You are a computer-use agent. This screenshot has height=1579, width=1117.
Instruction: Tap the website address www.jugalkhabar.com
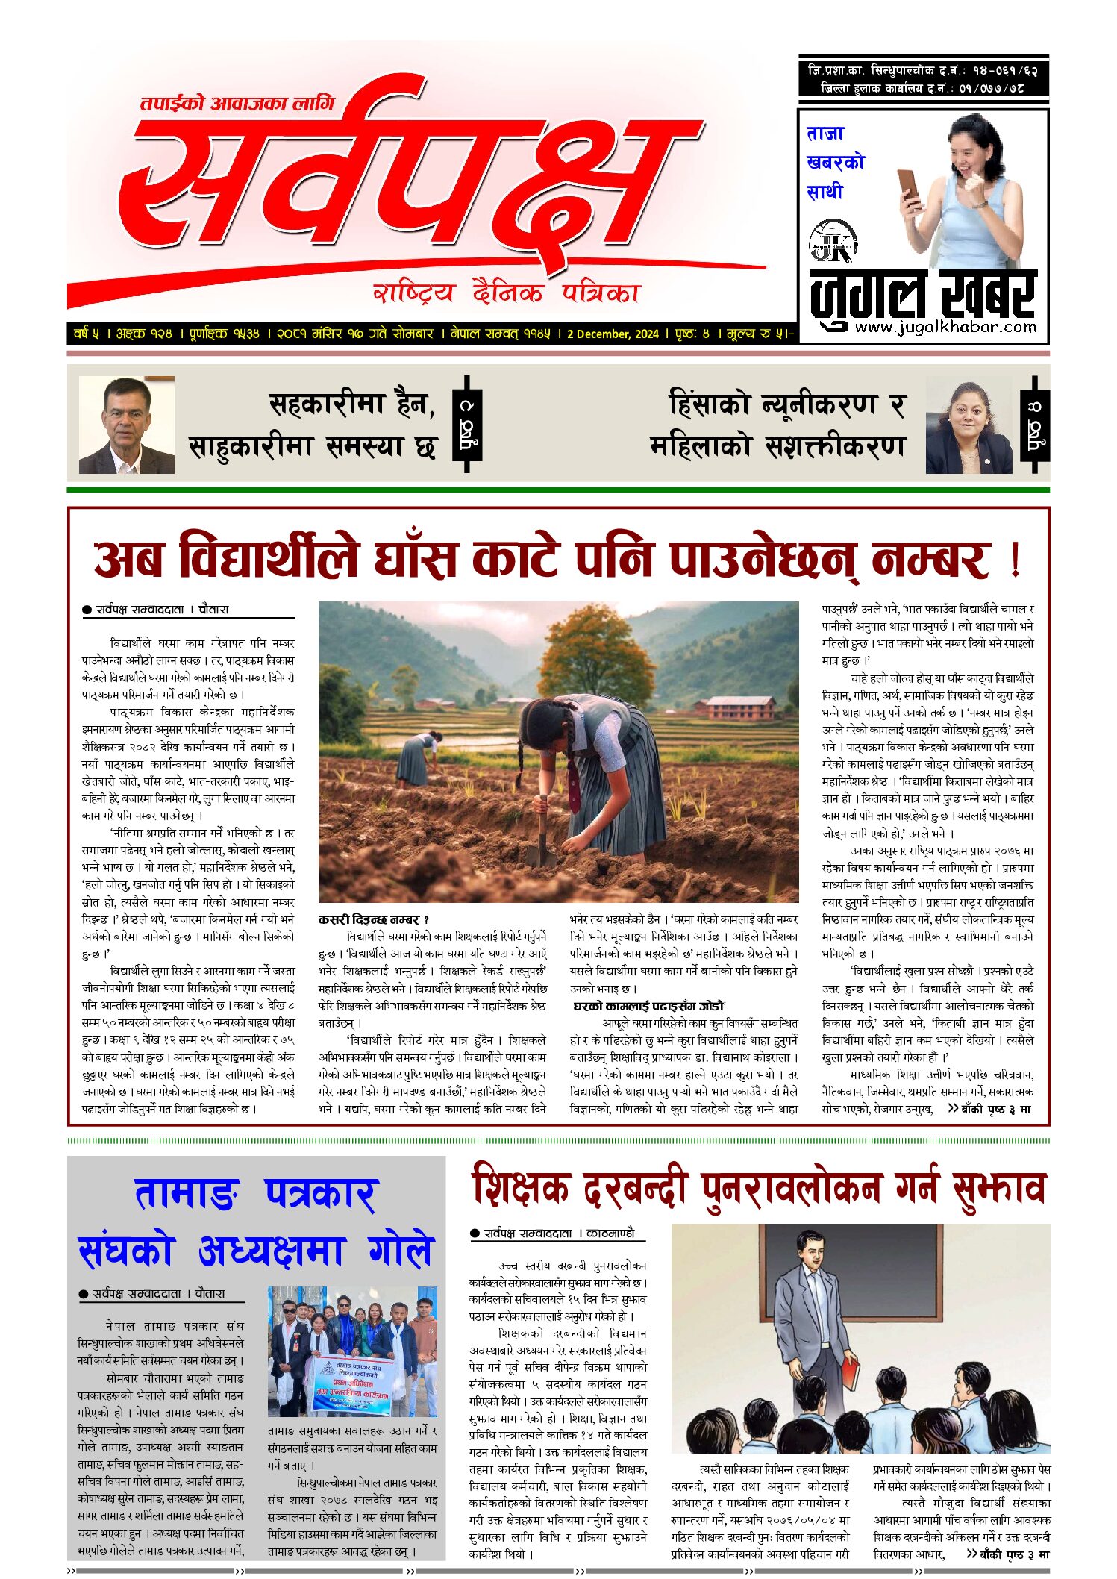945,327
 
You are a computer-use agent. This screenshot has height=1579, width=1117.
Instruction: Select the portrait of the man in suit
127,425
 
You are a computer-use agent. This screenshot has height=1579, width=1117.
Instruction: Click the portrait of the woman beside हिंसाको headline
969,425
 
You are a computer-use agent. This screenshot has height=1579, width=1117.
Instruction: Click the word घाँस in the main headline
415,560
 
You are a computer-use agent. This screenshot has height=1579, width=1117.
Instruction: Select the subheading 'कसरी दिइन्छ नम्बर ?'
374,919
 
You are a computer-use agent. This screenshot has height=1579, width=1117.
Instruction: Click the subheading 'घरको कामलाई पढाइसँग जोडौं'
650,1006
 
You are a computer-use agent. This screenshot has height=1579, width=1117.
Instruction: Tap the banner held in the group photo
351,1386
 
